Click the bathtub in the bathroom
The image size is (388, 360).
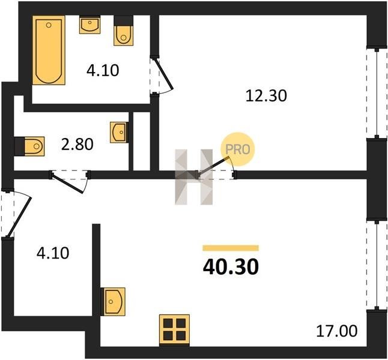[x=49, y=50]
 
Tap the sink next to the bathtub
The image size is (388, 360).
[x=90, y=25]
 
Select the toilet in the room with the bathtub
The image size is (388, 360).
[x=124, y=31]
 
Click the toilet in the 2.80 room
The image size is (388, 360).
[x=29, y=146]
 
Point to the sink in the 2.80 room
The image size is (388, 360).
[x=119, y=132]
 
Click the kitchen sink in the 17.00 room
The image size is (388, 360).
[x=113, y=302]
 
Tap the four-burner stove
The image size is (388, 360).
[x=174, y=330]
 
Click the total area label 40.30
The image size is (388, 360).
[x=231, y=267]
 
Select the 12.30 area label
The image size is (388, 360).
[x=266, y=95]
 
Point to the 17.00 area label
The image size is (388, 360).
[x=337, y=331]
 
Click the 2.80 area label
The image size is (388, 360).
[x=77, y=145]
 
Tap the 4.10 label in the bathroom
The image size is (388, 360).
[x=103, y=70]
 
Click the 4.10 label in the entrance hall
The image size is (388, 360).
[x=53, y=253]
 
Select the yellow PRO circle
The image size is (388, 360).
[x=238, y=149]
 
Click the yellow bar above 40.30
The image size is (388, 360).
[x=231, y=248]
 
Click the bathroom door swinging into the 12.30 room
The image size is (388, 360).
[x=164, y=74]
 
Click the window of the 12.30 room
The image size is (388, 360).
[x=377, y=93]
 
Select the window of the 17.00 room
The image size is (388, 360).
[x=377, y=265]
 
